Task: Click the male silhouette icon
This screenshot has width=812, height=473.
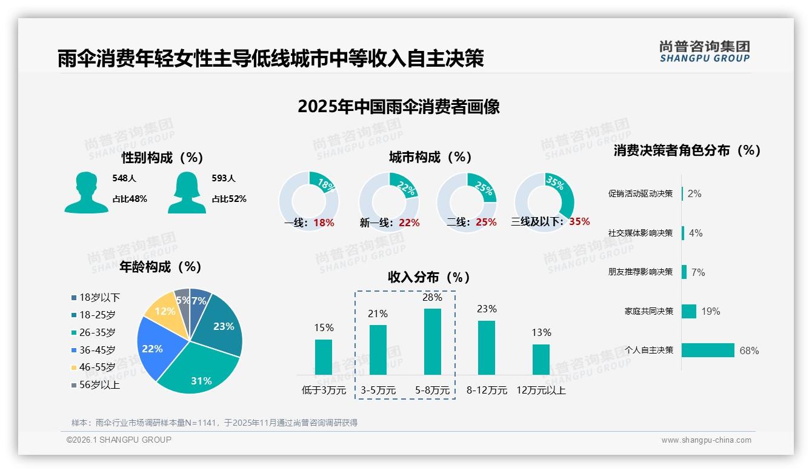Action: tap(86, 193)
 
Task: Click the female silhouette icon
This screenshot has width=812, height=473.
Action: tap(187, 193)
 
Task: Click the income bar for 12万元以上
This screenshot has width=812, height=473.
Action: tap(541, 360)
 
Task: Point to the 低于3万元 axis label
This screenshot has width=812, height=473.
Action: tap(324, 391)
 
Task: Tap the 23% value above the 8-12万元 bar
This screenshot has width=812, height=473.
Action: tap(487, 309)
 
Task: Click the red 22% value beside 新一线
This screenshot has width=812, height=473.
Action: tap(409, 223)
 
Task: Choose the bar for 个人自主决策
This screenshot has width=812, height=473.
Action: tap(708, 350)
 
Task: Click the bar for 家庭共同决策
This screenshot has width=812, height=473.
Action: tap(689, 311)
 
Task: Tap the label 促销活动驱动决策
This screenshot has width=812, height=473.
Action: tap(640, 194)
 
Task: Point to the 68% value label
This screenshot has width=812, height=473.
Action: tap(749, 351)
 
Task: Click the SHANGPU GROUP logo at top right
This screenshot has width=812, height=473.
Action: tap(704, 52)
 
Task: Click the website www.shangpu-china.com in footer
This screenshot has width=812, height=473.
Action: tap(706, 440)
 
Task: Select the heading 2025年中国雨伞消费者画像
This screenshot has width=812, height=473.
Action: tap(398, 107)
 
